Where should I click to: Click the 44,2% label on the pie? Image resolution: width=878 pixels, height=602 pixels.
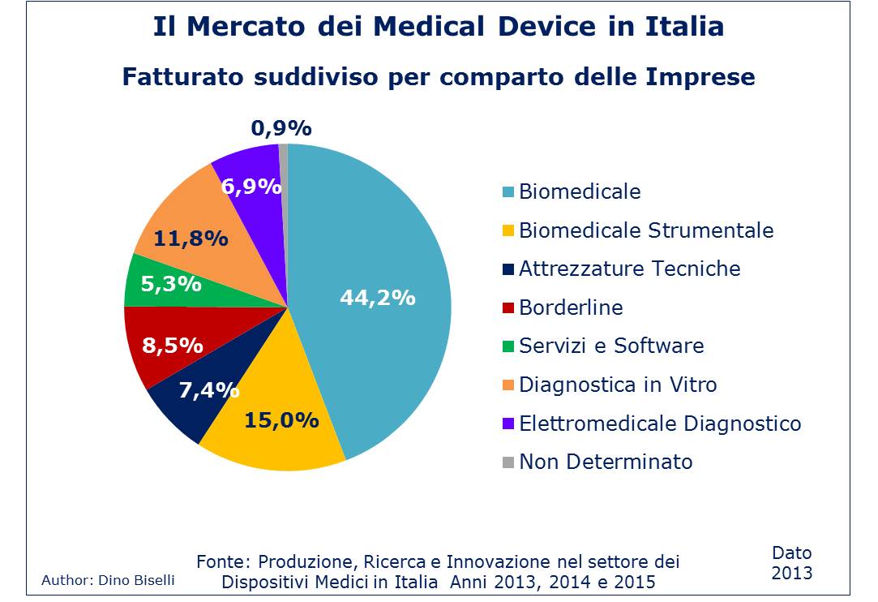click(377, 298)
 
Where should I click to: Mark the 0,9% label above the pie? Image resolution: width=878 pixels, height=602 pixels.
click(281, 128)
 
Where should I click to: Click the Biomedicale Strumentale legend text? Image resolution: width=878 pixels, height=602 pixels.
click(646, 230)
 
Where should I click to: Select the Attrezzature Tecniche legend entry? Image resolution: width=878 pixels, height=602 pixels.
click(629, 269)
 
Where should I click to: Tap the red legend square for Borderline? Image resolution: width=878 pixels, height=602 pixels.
click(508, 308)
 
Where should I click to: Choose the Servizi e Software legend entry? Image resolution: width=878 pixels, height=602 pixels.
click(611, 346)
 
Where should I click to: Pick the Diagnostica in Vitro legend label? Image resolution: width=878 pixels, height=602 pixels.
click(618, 385)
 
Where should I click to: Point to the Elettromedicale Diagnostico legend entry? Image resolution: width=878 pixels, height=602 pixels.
click(660, 424)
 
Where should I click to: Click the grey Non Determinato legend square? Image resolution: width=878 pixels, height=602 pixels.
click(508, 462)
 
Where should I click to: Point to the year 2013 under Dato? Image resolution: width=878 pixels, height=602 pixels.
click(791, 573)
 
